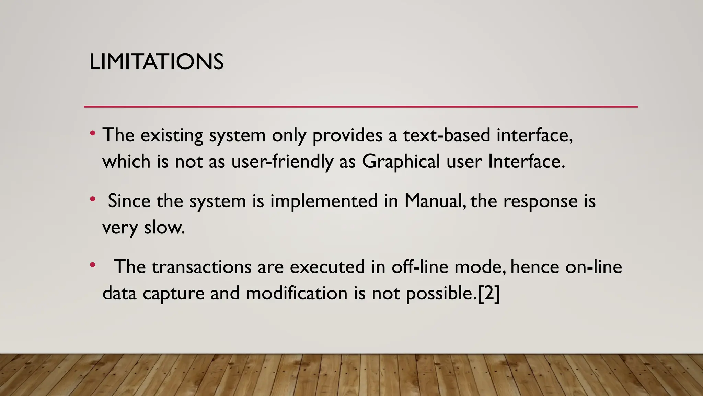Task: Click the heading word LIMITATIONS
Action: coord(156,62)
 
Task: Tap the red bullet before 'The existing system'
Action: coord(92,133)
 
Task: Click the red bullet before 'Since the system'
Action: coord(92,199)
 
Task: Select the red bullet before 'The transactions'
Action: coord(92,265)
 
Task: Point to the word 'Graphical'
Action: coord(401,161)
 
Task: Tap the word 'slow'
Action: coord(164,227)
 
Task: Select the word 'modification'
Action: coord(297,293)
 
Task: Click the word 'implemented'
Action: coord(324,201)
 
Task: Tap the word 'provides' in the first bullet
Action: coord(347,135)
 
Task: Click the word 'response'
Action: coord(540,201)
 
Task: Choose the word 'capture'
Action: coord(173,294)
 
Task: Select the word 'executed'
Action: coord(327,267)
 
